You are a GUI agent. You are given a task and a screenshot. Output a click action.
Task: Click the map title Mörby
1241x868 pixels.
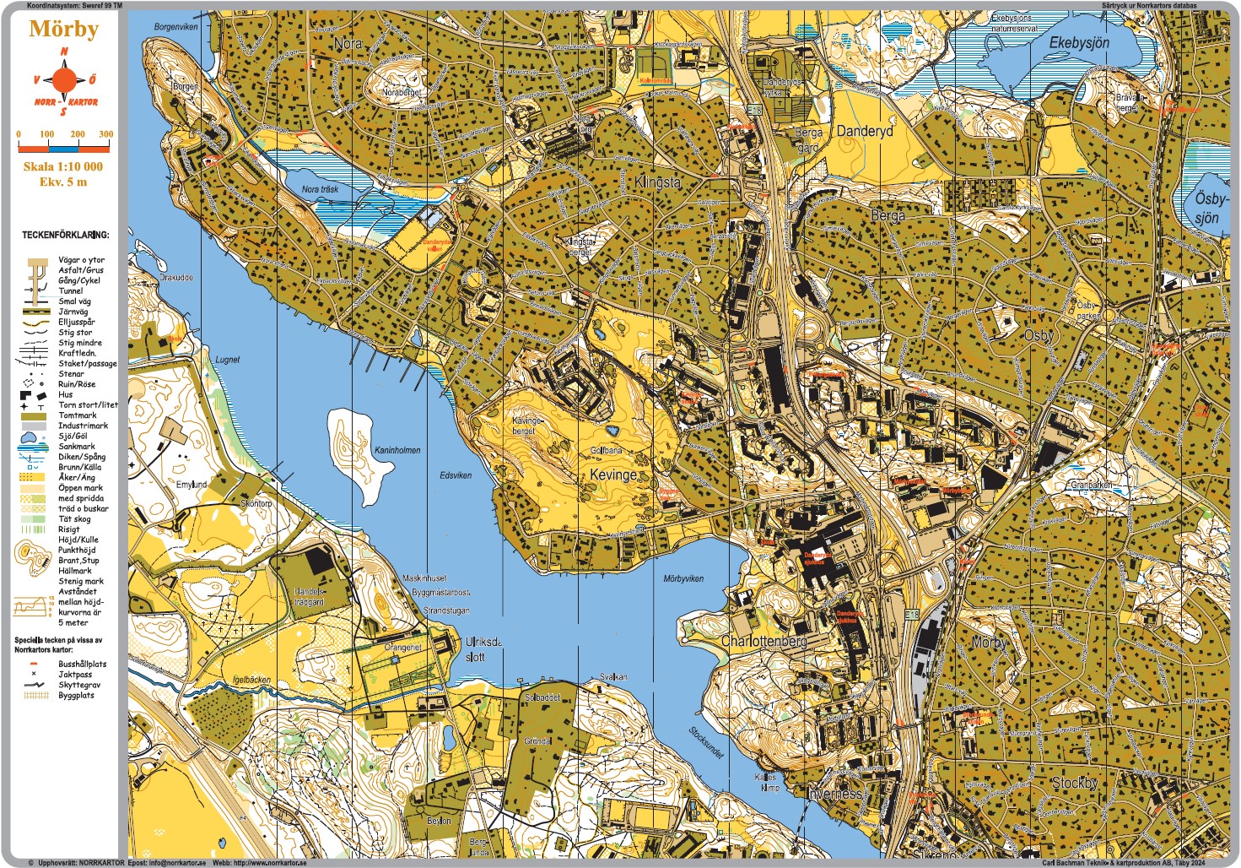pyautogui.click(x=64, y=29)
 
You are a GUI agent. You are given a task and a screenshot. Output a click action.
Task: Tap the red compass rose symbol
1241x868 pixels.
pyautogui.click(x=64, y=81)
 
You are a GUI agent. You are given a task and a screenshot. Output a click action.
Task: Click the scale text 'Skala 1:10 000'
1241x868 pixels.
pyautogui.click(x=63, y=166)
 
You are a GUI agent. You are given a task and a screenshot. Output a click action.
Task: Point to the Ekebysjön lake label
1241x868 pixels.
pyautogui.click(x=1079, y=42)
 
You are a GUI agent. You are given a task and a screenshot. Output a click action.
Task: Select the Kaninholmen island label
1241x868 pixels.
pyautogui.click(x=397, y=450)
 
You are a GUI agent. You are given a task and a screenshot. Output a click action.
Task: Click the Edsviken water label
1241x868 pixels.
pyautogui.click(x=456, y=475)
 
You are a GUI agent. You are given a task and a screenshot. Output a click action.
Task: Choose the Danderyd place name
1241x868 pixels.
pyautogui.click(x=864, y=131)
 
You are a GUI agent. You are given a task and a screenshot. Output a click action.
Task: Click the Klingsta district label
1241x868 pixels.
pyautogui.click(x=657, y=182)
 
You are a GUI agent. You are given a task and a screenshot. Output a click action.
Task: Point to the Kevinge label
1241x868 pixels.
pyautogui.click(x=613, y=475)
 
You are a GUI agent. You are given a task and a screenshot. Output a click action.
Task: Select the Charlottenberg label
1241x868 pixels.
pyautogui.click(x=763, y=641)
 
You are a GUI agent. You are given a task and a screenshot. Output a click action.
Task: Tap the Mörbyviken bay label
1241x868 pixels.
pyautogui.click(x=683, y=578)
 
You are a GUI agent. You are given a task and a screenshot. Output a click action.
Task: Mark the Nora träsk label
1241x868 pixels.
pyautogui.click(x=320, y=189)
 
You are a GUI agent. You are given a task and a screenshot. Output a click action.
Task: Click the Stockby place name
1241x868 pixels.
pyautogui.click(x=1074, y=783)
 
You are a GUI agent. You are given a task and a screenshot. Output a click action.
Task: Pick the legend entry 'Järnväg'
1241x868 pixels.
pyautogui.click(x=73, y=312)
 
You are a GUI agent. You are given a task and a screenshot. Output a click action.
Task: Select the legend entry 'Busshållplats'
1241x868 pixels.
pyautogui.click(x=82, y=664)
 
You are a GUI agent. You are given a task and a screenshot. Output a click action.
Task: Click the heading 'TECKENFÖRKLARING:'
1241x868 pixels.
pyautogui.click(x=65, y=235)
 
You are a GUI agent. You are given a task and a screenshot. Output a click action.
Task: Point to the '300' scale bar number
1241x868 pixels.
pyautogui.click(x=105, y=134)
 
